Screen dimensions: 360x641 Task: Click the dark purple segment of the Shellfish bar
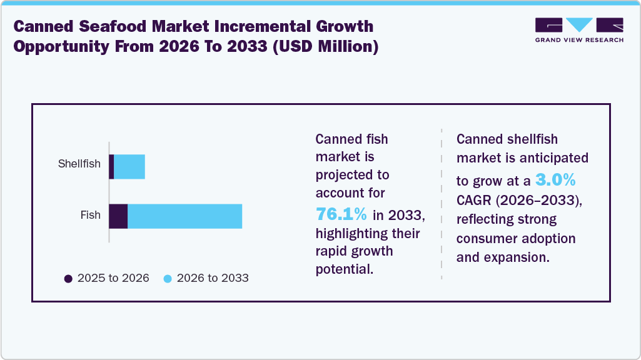[x=111, y=167]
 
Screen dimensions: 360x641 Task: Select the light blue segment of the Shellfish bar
[x=129, y=167]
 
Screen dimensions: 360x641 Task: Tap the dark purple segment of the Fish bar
[x=118, y=216]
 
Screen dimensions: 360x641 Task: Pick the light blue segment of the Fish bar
[x=184, y=216]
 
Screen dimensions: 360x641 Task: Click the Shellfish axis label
[x=79, y=164]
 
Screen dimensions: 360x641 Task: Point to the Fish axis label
[x=90, y=215]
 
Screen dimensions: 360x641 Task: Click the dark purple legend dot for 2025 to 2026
[x=68, y=278]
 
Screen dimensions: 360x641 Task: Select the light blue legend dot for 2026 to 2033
[x=168, y=278]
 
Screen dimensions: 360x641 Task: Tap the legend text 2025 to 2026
[x=113, y=278]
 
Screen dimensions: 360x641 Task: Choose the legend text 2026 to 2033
[x=213, y=278]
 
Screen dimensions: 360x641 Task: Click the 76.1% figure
[x=341, y=214]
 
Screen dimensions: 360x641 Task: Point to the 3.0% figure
[x=555, y=181]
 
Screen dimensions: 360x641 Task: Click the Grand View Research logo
[x=579, y=25]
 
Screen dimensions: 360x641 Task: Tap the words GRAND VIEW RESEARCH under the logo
[x=579, y=40]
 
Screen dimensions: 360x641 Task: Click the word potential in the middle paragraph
[x=344, y=270]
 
